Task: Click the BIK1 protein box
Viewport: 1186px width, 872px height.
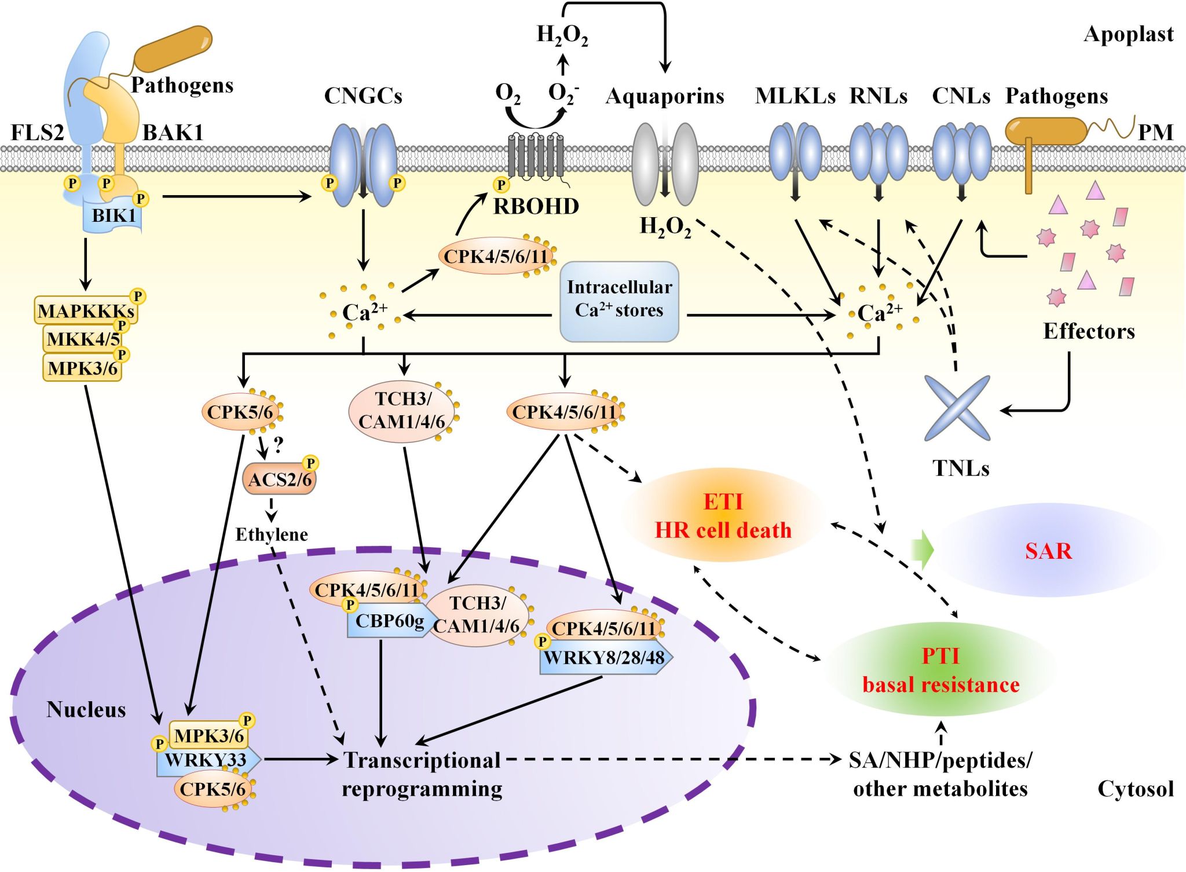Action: (x=114, y=216)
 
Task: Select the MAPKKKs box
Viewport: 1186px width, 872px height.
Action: (x=86, y=311)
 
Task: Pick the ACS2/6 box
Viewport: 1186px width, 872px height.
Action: (x=280, y=479)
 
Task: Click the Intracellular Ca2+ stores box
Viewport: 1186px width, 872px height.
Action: (x=619, y=301)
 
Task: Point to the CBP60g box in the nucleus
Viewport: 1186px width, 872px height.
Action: (x=389, y=622)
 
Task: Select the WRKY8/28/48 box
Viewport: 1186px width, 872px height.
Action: (x=604, y=658)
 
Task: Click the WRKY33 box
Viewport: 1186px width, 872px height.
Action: (x=206, y=760)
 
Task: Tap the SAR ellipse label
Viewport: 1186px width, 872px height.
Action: (x=1048, y=551)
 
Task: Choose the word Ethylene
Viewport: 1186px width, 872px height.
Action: (x=272, y=534)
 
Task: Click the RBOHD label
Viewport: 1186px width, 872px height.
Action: (x=536, y=207)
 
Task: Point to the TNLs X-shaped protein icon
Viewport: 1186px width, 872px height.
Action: (x=957, y=408)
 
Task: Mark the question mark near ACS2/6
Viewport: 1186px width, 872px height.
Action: (x=279, y=445)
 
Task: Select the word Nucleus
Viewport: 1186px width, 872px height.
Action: (x=86, y=710)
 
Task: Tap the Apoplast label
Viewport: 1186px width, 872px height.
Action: (x=1128, y=34)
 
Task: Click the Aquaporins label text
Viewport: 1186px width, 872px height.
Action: (x=665, y=96)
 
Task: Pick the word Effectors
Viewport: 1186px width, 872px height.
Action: (x=1089, y=331)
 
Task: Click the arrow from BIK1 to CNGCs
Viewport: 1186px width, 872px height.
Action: (x=237, y=197)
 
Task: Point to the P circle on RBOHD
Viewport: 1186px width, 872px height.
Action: (x=501, y=185)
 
